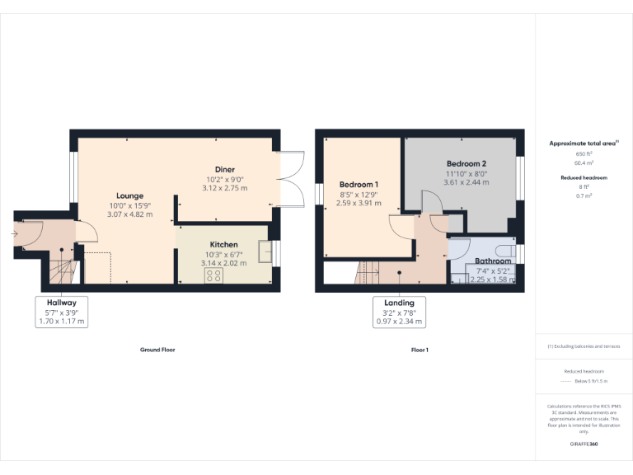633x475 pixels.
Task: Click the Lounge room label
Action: click(x=129, y=195)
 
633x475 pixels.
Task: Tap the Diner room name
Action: click(x=225, y=169)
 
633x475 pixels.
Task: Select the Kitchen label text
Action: click(x=224, y=244)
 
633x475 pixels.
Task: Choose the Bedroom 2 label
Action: click(x=467, y=163)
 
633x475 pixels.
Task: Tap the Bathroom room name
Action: click(x=493, y=261)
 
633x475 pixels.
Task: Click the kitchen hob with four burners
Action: click(x=213, y=275)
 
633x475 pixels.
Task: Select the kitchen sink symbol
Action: click(x=265, y=250)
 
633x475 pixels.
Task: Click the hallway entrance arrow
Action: click(x=16, y=234)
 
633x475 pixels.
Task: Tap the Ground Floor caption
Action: click(x=157, y=350)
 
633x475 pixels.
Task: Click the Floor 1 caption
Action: click(x=420, y=350)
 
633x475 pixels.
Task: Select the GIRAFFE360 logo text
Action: click(x=584, y=444)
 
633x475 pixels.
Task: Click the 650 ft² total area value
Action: click(x=584, y=154)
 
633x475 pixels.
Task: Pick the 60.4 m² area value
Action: click(x=584, y=163)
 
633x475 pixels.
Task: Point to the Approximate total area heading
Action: click(x=583, y=143)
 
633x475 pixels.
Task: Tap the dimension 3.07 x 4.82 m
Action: click(x=130, y=214)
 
